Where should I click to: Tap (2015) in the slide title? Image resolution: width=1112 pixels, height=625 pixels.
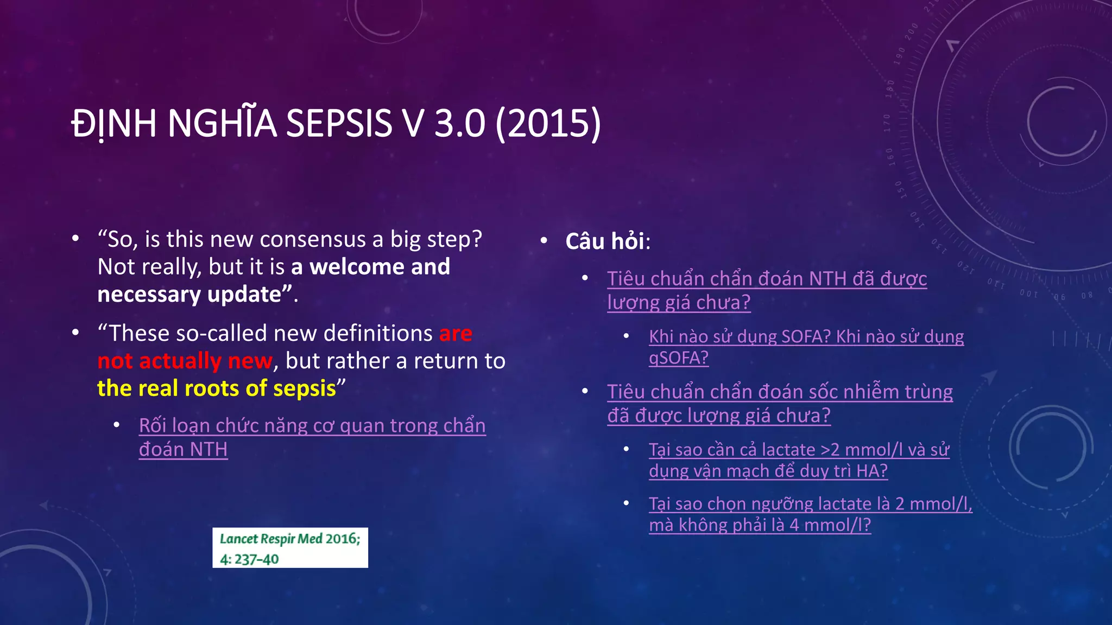548,123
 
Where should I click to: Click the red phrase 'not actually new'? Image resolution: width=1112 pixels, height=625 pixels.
185,361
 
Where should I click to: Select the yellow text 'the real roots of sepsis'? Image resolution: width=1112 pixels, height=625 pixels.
217,388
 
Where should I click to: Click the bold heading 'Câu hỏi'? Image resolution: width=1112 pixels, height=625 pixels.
605,241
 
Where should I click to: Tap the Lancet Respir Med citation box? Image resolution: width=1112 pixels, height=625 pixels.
290,548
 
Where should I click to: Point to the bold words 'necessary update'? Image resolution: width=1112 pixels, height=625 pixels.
189,295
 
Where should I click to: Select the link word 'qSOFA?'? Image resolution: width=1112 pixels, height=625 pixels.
679,358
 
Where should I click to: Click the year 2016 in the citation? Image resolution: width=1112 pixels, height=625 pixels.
343,539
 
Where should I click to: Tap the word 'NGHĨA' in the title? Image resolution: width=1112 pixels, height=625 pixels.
223,123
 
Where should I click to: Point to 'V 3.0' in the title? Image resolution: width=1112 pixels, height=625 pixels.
444,123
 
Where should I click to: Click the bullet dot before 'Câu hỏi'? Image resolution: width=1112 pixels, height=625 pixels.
544,240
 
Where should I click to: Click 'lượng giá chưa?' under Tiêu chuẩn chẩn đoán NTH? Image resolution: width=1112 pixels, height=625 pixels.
679,302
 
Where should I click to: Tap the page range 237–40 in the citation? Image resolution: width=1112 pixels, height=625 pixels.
256,559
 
